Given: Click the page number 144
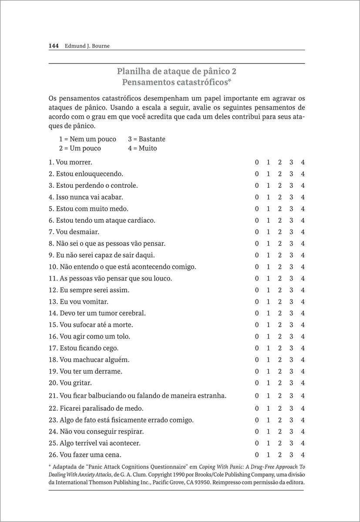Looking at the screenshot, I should [x=54, y=46].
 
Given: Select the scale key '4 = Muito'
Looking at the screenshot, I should [x=142, y=148].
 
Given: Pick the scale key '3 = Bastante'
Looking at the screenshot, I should [x=147, y=139].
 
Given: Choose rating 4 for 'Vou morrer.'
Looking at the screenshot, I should [x=303, y=162].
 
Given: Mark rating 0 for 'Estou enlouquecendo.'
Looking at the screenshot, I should [x=257, y=174].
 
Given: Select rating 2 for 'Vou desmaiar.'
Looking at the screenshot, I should [x=279, y=232].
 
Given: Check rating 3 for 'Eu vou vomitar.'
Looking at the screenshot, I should [x=291, y=301].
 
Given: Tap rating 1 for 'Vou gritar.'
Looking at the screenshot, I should [x=268, y=383].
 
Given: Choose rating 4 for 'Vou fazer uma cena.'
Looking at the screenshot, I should [x=303, y=455].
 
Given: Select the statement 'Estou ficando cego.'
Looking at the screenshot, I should [x=83, y=348].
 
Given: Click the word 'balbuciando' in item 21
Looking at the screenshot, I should [x=105, y=396].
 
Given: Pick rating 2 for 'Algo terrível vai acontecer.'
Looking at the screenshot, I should [x=279, y=443].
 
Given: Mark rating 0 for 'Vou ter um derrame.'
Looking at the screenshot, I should [x=257, y=371].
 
